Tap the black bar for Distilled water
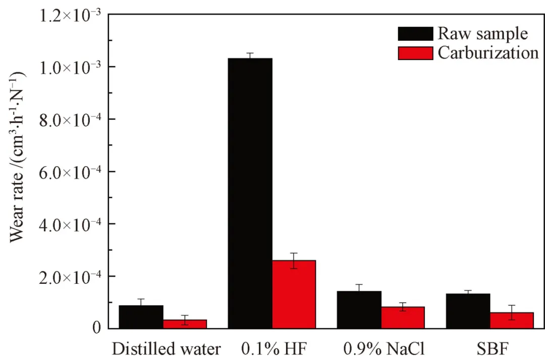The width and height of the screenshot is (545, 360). [141, 317]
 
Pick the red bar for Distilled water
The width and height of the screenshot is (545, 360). [185, 324]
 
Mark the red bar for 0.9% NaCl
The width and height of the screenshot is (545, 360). [403, 317]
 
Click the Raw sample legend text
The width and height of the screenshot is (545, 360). [482, 34]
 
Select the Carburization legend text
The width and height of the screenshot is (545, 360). [488, 53]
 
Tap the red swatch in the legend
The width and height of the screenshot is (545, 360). [415, 53]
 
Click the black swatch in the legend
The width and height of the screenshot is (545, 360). [415, 34]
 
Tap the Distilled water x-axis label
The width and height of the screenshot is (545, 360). [166, 349]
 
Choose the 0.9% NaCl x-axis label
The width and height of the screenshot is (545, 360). [384, 349]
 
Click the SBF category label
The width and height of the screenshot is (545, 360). [490, 349]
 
